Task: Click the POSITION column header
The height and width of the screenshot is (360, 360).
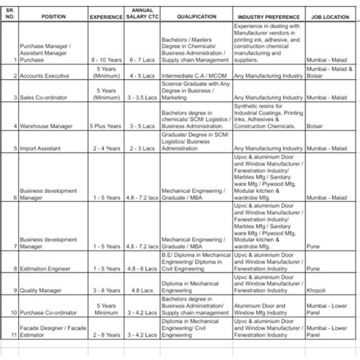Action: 54,15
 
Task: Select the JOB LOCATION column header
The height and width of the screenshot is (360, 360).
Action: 328,15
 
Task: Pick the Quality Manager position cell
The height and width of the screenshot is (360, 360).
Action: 45,289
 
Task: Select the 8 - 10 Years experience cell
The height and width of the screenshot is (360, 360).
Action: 106,58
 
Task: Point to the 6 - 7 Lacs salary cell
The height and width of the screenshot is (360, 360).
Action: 142,58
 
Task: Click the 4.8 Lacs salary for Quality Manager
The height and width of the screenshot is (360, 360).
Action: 142,289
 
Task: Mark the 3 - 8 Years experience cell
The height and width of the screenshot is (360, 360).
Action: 106,289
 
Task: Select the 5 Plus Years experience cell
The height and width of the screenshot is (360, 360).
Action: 106,126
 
